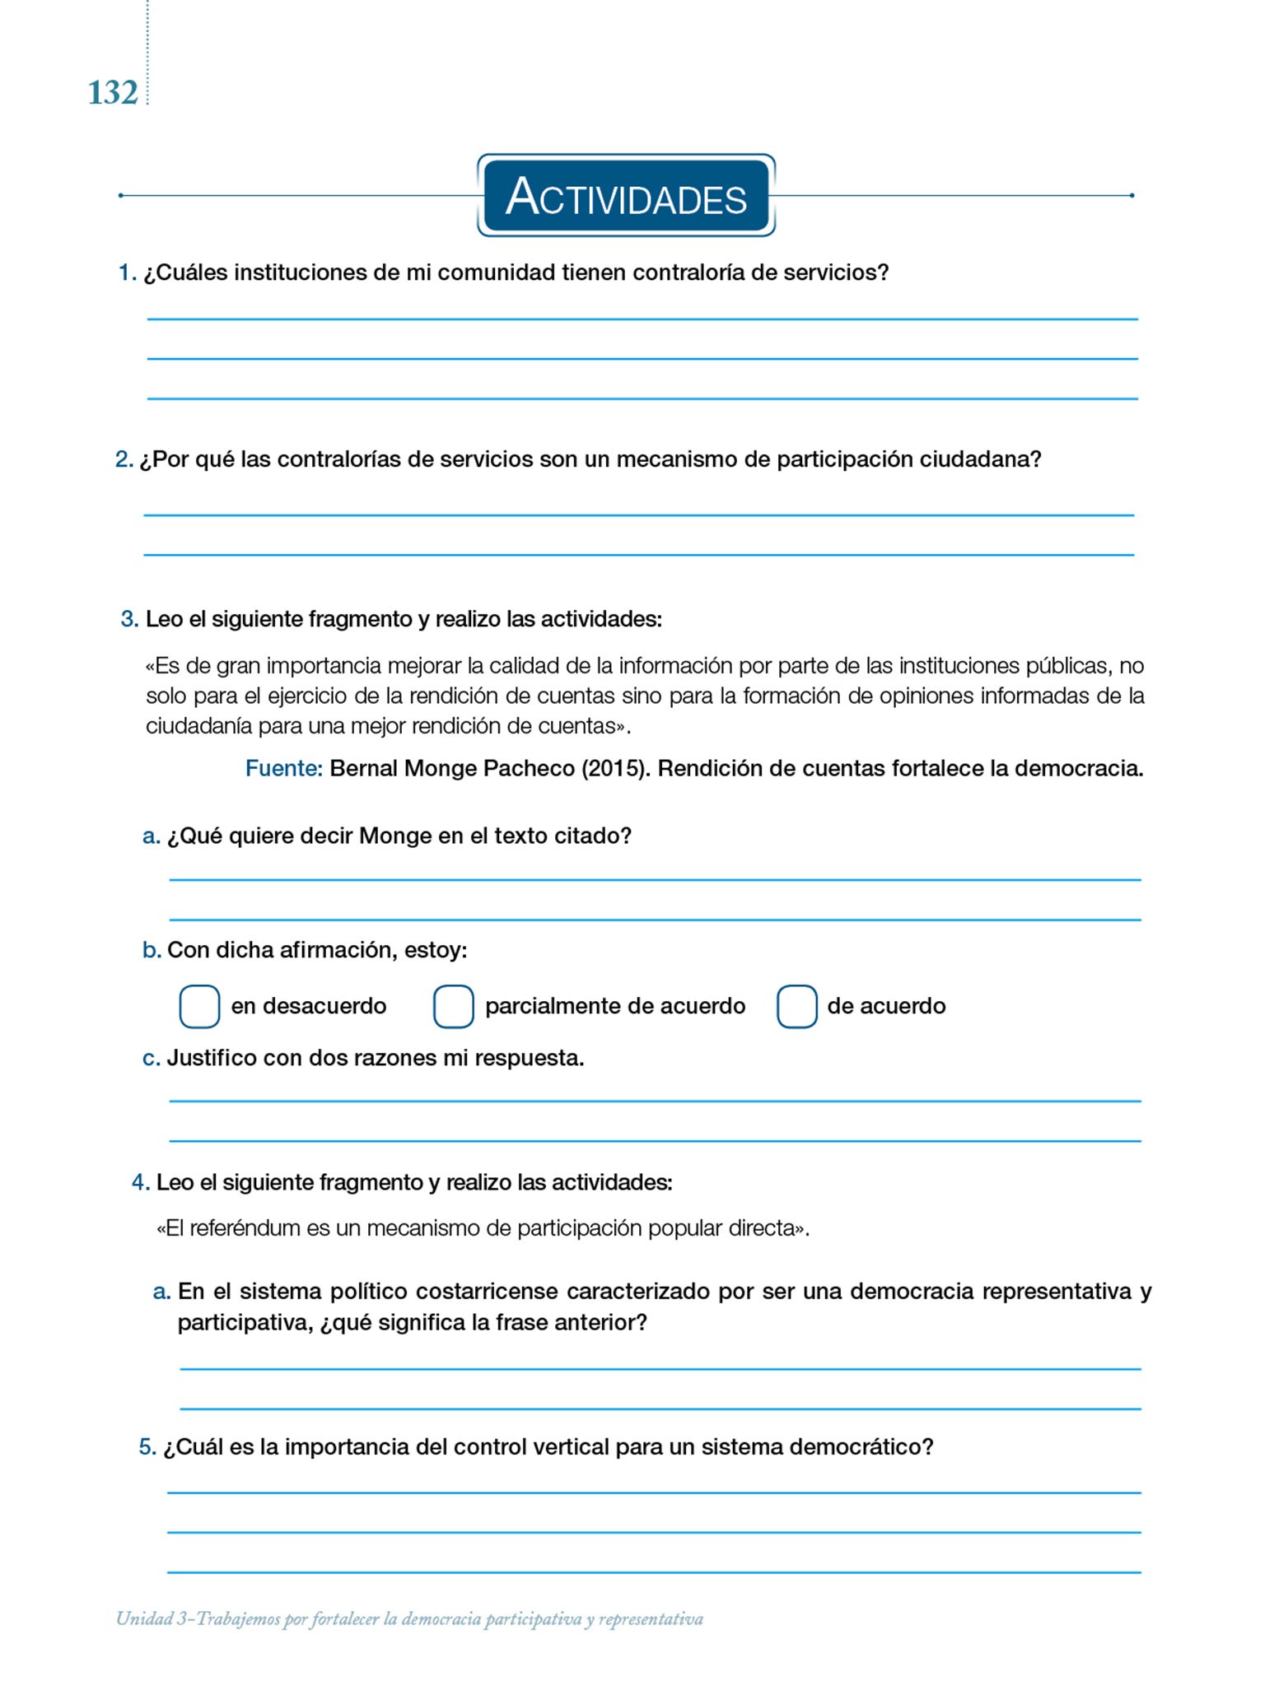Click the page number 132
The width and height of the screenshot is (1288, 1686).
point(113,93)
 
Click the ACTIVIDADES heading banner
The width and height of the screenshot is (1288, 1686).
point(626,196)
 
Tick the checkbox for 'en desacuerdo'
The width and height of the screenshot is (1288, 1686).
point(199,1006)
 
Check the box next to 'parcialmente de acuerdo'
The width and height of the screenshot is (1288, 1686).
point(453,1006)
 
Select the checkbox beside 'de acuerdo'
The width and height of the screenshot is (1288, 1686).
point(796,1006)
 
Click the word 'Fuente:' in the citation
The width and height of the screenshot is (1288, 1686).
point(284,769)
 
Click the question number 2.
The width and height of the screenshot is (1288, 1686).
point(124,459)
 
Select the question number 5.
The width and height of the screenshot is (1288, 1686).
point(147,1447)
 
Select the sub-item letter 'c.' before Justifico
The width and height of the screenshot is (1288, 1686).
point(151,1059)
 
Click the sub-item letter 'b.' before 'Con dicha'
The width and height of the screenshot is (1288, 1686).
point(152,951)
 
